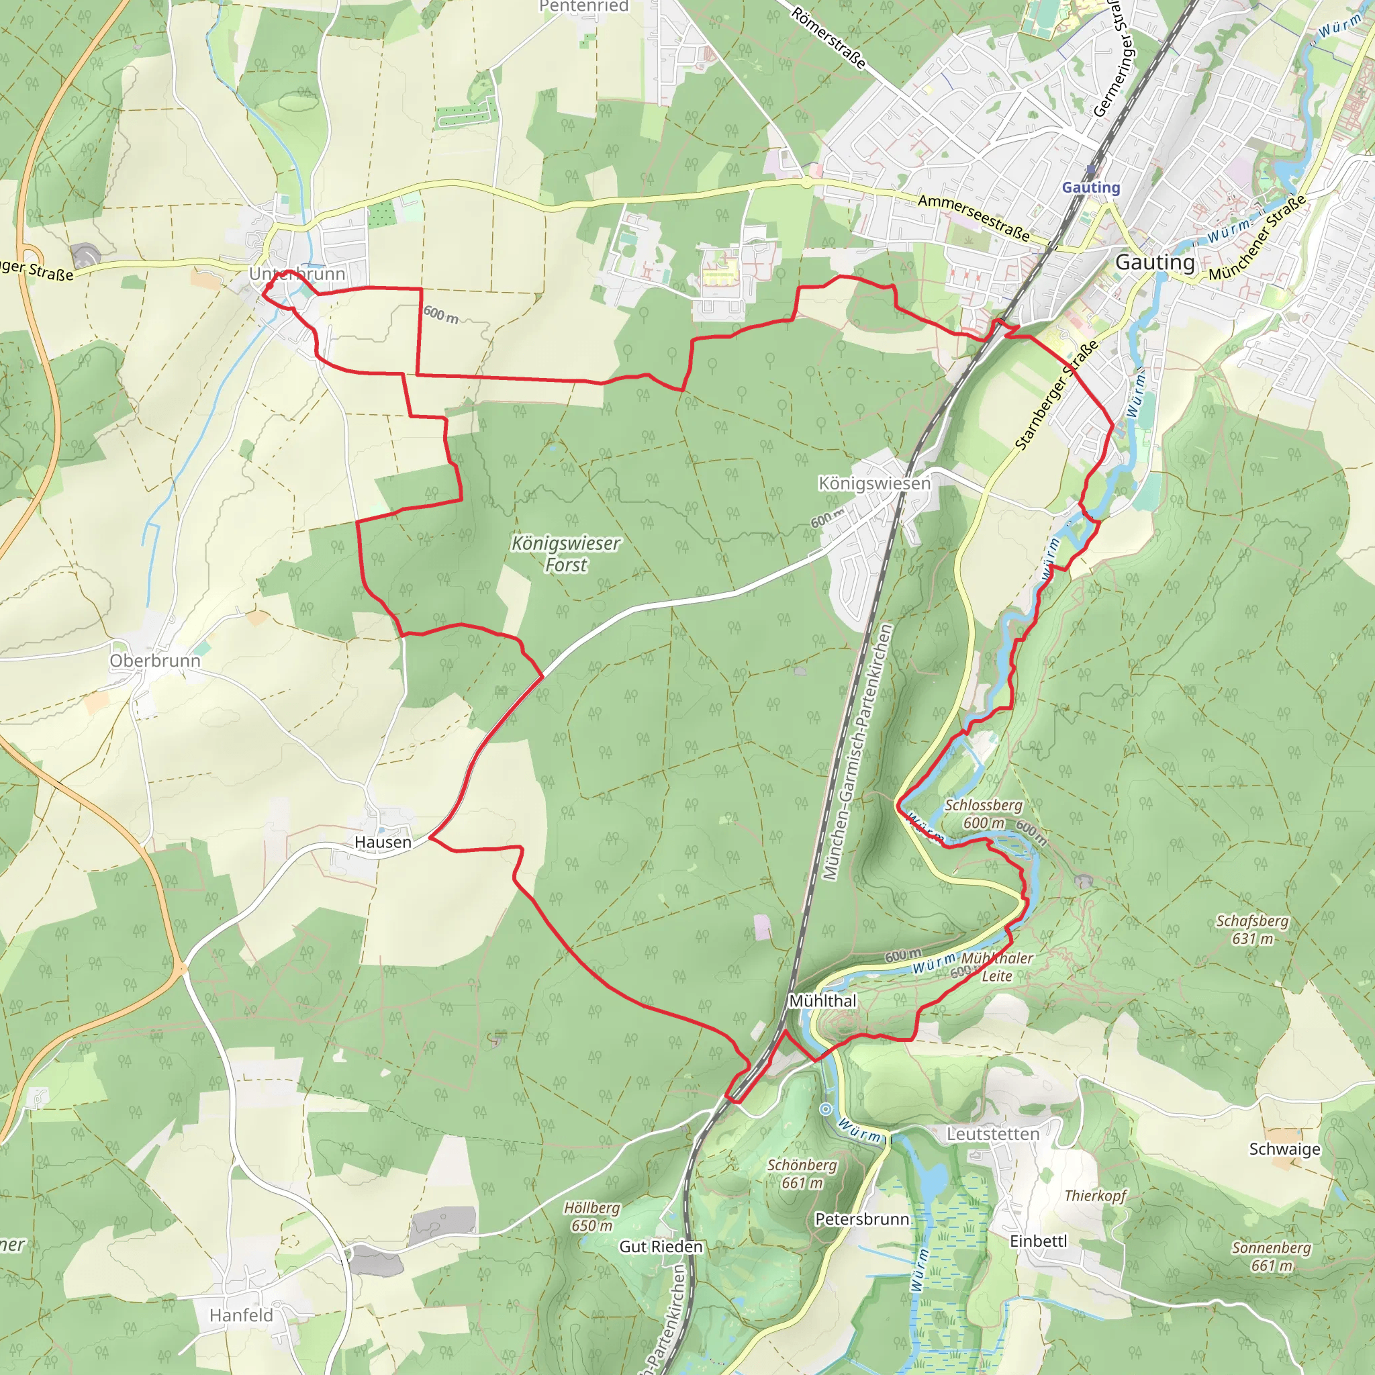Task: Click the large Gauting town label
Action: pyautogui.click(x=1154, y=262)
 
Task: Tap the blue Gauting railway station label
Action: pyautogui.click(x=1090, y=187)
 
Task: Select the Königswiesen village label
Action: pyautogui.click(x=874, y=483)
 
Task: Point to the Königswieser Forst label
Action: pyautogui.click(x=566, y=554)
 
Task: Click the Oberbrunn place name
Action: pyautogui.click(x=154, y=661)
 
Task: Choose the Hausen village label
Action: pyautogui.click(x=383, y=842)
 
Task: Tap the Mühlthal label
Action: pyautogui.click(x=822, y=1000)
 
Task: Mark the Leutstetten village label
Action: pyautogui.click(x=992, y=1134)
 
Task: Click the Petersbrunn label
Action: pyautogui.click(x=862, y=1219)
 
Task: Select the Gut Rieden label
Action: pyautogui.click(x=661, y=1246)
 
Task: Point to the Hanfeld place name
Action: pyautogui.click(x=240, y=1315)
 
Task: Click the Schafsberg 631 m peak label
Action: pyautogui.click(x=1252, y=929)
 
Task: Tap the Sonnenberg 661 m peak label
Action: pyautogui.click(x=1271, y=1256)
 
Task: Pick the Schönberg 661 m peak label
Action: pyautogui.click(x=802, y=1174)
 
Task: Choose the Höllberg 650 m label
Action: pyautogui.click(x=591, y=1217)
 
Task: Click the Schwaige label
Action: pyautogui.click(x=1284, y=1149)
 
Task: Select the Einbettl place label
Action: pyautogui.click(x=1039, y=1241)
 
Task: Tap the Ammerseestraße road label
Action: pyautogui.click(x=973, y=217)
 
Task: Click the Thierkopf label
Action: pyautogui.click(x=1094, y=1195)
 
